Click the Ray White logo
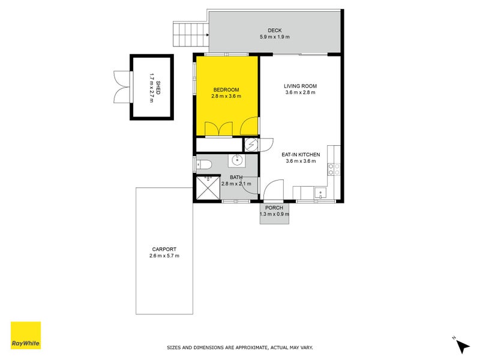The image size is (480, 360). pos(26,335)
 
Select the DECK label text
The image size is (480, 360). pos(275,31)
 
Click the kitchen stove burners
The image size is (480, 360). pos(334,169)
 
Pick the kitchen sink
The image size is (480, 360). pos(320,193)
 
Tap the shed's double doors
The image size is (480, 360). pos(122,87)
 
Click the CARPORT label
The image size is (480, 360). pos(164,250)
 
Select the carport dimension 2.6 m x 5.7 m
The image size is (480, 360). pos(164,256)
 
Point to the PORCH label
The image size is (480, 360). pos(274,208)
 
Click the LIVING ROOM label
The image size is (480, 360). pos(300,86)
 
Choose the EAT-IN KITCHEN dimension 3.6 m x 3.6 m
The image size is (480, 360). pos(301,161)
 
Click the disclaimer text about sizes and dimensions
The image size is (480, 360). pos(239,347)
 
